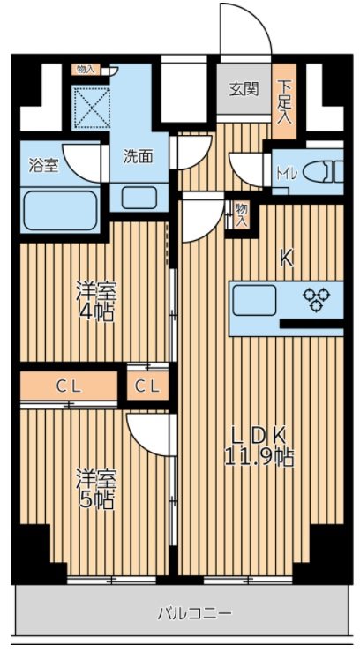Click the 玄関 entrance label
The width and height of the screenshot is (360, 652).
coord(244,88)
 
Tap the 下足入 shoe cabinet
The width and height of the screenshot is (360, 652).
coord(285,101)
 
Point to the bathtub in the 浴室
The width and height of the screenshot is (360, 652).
coord(60,210)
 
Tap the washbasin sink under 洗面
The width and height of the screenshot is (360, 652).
coord(139,199)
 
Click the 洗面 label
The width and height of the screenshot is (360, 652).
coord(137,156)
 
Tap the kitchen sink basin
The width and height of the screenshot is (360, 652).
coord(254,300)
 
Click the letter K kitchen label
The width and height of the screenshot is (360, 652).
coord(287,260)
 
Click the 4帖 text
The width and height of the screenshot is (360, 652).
coord(97,312)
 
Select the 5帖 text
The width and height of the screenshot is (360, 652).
coord(97,500)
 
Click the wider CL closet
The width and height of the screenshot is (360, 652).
coord(69,386)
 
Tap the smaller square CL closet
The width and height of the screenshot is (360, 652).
coord(147,386)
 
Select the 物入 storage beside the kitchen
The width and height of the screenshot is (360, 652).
coord(240,214)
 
